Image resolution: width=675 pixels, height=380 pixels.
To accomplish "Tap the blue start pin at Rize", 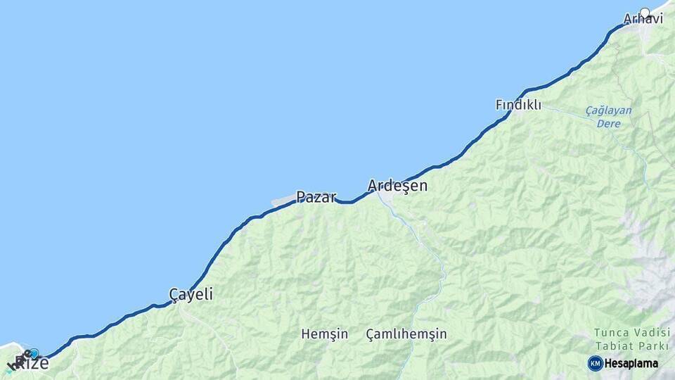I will tap(33, 353).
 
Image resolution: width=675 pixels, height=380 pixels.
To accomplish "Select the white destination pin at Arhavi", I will tap(645, 13).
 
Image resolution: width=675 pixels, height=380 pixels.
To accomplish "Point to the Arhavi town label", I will tap(643, 20).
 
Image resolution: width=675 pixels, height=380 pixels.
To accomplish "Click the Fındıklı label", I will tap(518, 105).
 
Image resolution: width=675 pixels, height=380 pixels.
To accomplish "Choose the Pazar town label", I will tap(316, 197).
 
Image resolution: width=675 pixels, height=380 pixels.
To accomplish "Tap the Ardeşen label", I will tap(397, 186).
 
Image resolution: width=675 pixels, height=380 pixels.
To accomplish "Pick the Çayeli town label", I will tap(191, 294).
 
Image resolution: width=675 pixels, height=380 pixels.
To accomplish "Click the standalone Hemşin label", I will tap(324, 334).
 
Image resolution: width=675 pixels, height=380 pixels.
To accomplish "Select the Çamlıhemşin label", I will tap(406, 334).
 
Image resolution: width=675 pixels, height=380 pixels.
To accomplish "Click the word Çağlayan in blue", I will tap(608, 110).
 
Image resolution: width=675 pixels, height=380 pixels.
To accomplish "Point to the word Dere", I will tap(608, 122).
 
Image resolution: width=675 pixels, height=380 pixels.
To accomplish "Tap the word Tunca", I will tap(609, 332).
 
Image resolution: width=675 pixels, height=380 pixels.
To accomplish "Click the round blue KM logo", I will tap(595, 363).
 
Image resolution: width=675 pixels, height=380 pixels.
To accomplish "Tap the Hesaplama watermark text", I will tap(631, 364).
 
